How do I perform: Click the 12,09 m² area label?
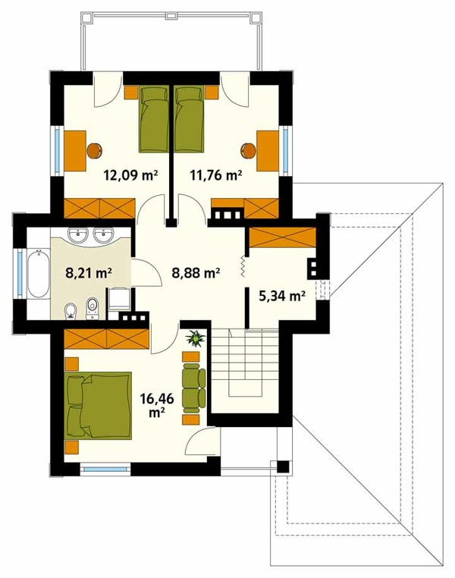(x=130, y=175)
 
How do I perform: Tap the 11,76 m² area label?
(x=216, y=175)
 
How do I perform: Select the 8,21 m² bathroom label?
(x=89, y=273)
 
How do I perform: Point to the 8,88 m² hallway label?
(x=196, y=273)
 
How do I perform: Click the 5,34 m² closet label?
(x=283, y=296)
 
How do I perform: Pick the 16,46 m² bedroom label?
(x=157, y=405)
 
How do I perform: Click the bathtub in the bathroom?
(x=38, y=274)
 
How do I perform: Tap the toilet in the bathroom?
(x=93, y=309)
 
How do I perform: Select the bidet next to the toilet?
(x=70, y=312)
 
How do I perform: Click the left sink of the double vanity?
(x=78, y=235)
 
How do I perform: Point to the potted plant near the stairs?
(x=195, y=338)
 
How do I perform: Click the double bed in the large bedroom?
(x=99, y=406)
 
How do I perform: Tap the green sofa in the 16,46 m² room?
(x=193, y=388)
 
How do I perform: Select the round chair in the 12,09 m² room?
(x=95, y=151)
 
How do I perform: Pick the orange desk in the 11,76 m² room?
(x=268, y=151)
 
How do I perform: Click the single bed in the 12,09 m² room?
(x=154, y=118)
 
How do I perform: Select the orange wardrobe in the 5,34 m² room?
(x=283, y=237)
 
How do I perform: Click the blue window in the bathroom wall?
(x=19, y=273)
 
